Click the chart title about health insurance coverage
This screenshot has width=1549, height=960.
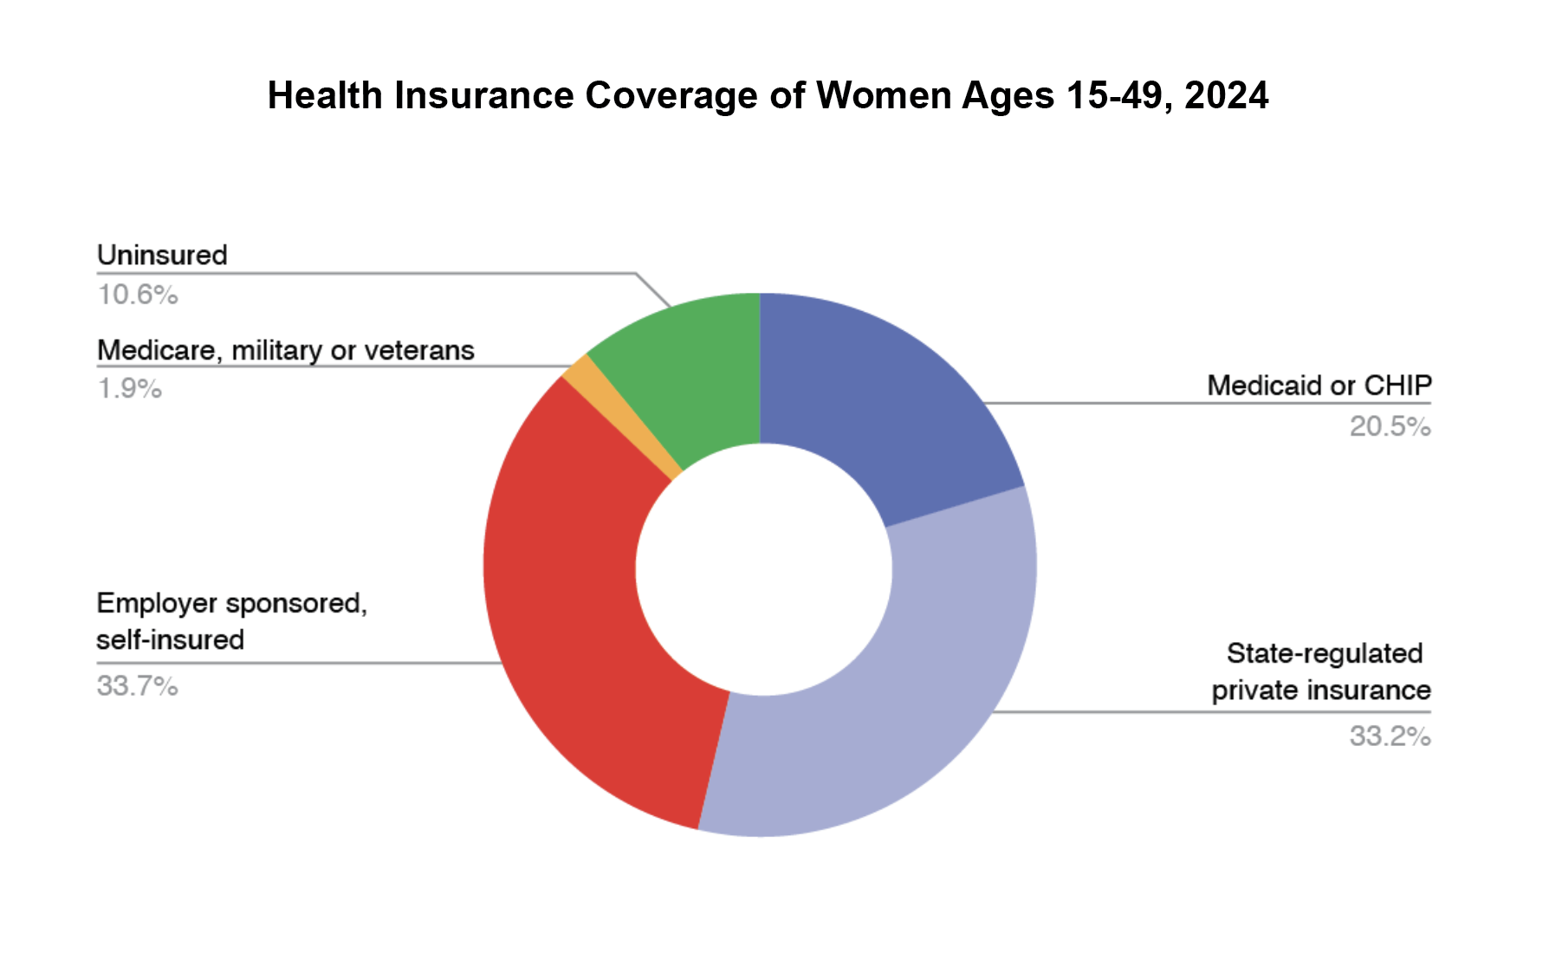(x=768, y=95)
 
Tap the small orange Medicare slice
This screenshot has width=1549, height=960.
(x=622, y=416)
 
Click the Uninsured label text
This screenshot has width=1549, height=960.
(x=162, y=255)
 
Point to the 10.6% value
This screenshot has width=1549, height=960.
(x=138, y=295)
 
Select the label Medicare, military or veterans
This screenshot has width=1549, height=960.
(x=286, y=350)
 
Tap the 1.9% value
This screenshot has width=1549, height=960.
(x=130, y=388)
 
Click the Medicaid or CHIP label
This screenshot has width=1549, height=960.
(x=1319, y=386)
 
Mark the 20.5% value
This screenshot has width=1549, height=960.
(x=1390, y=426)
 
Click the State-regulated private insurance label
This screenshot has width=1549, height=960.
(x=1321, y=671)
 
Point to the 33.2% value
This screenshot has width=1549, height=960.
(x=1390, y=736)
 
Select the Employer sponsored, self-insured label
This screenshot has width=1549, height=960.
(x=232, y=621)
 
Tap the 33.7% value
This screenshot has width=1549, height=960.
(x=138, y=686)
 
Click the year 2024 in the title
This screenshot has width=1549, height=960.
(x=1227, y=95)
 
